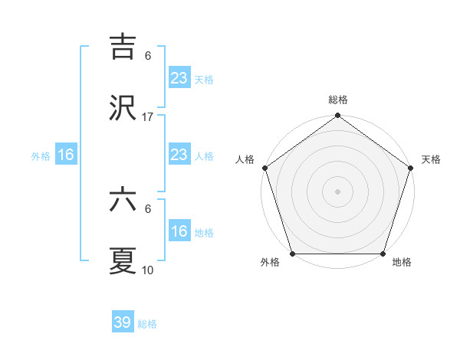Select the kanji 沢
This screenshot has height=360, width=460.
[123, 108]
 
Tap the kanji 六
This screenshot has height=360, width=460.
[123, 200]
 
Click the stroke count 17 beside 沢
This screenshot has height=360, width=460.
[148, 117]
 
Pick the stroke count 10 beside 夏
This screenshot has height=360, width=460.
[148, 270]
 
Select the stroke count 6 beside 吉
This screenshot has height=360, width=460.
[148, 55]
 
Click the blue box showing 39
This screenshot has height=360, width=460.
[123, 322]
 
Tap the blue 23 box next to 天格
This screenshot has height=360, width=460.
[179, 77]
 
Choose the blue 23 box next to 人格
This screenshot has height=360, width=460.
[179, 155]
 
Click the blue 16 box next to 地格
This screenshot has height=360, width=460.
[179, 231]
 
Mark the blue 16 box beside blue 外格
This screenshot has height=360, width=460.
[66, 155]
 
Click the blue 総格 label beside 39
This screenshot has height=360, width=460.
[147, 324]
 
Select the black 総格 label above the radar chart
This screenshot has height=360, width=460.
[337, 100]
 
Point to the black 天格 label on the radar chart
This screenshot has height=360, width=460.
[431, 159]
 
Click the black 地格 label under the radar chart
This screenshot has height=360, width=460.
[402, 263]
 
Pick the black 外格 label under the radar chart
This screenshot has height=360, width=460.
[270, 263]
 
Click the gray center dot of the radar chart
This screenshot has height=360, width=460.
[337, 191]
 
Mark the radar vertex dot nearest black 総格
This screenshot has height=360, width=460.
[337, 116]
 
